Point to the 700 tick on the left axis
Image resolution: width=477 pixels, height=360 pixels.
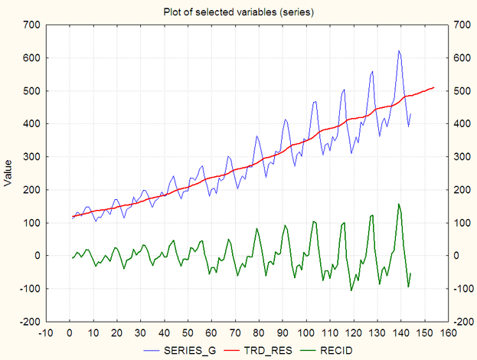point(31,25)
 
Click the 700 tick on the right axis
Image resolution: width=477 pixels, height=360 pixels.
point(462,25)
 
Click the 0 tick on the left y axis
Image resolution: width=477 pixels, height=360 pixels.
point(36,256)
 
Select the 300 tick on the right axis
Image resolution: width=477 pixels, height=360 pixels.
point(462,157)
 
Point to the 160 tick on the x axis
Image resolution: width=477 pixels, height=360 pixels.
point(447,332)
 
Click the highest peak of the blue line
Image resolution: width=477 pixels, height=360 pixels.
point(399,51)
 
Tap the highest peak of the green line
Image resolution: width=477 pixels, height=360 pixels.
point(399,204)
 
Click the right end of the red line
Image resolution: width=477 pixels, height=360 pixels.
point(434,87)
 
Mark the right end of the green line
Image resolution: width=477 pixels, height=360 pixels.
point(410,273)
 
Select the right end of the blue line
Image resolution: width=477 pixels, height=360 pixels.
point(410,114)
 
